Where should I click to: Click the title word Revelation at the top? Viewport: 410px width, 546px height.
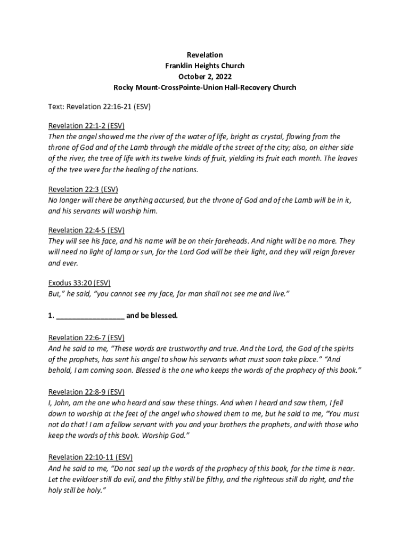(x=204, y=55)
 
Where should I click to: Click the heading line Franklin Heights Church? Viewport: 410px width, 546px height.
(x=204, y=66)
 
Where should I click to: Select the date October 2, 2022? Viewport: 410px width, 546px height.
(x=204, y=76)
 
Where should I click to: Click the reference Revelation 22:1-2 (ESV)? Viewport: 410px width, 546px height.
(x=86, y=126)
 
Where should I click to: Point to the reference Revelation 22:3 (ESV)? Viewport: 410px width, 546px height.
(x=83, y=189)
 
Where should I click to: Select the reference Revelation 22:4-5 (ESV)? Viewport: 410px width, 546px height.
(x=86, y=230)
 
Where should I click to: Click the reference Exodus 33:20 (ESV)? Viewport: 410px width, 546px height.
(x=79, y=283)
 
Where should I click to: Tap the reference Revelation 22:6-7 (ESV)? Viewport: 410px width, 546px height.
(x=86, y=338)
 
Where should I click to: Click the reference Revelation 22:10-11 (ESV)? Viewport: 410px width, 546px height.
(x=91, y=457)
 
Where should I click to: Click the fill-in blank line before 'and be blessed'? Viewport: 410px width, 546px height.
(x=90, y=316)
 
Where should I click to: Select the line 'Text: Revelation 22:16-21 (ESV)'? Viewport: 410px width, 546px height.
(x=100, y=107)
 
